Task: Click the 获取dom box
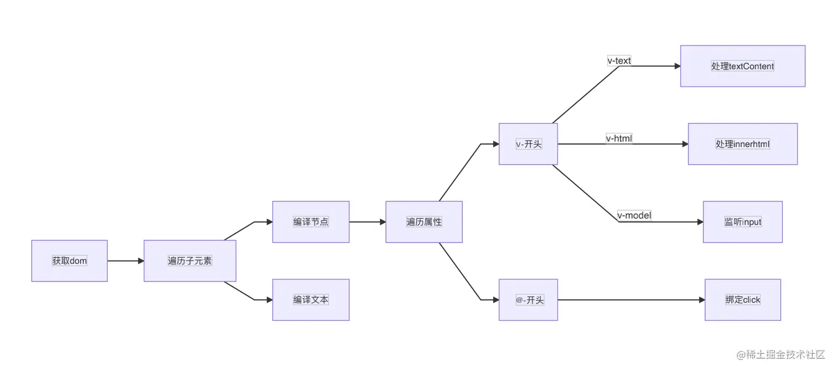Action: [x=69, y=261]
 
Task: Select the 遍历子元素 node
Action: [x=190, y=261]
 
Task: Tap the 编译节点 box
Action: [x=311, y=222]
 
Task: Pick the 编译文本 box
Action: [x=311, y=300]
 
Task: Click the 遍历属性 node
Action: [x=424, y=222]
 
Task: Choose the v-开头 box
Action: [x=528, y=144]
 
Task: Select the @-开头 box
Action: [x=528, y=300]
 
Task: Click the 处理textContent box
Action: [x=743, y=66]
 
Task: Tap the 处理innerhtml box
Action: [x=743, y=144]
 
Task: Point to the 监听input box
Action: [x=743, y=222]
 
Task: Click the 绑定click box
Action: [x=743, y=300]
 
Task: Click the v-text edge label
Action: [x=619, y=61]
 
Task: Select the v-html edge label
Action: [x=619, y=138]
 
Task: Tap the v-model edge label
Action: [x=634, y=216]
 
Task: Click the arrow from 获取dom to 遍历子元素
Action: [x=126, y=261]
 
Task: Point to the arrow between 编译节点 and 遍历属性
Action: [x=367, y=222]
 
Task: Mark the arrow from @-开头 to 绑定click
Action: [x=630, y=300]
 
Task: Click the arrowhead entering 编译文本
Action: [x=269, y=300]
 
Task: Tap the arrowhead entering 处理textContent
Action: [x=677, y=66]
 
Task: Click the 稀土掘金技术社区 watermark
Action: [x=778, y=354]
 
